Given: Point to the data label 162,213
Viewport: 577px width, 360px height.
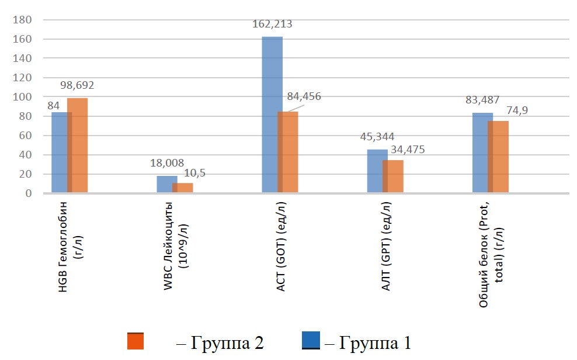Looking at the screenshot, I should tap(272, 25).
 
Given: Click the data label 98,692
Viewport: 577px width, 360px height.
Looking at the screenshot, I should tap(77, 85).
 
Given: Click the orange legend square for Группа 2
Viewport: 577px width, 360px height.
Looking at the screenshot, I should tap(135, 341).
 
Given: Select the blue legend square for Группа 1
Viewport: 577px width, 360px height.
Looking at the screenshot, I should tap(311, 340).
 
